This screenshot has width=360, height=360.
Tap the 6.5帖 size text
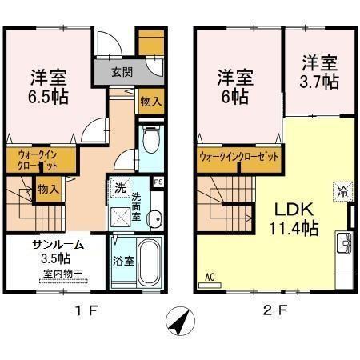coord(49,94)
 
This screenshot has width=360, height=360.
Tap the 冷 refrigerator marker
coord(342,192)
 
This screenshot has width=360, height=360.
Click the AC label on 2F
coord(210,278)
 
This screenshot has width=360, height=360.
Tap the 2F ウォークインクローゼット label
coord(239,157)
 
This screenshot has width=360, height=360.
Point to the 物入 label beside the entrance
coord(149,101)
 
